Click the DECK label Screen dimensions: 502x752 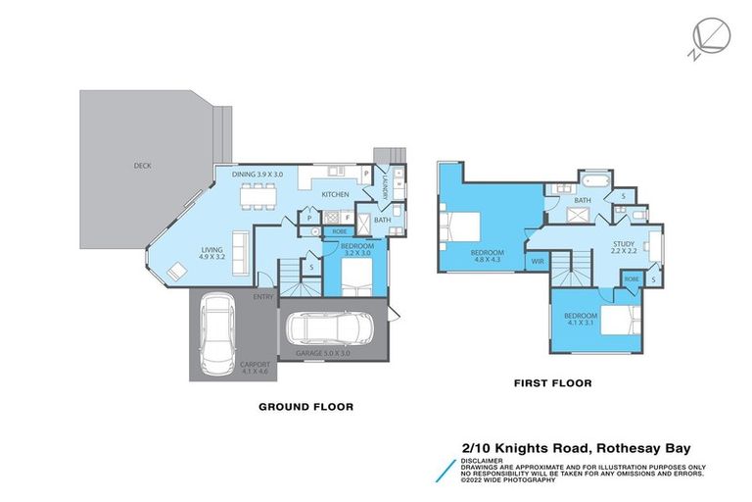tap(143, 166)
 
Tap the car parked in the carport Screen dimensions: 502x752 tap(217, 335)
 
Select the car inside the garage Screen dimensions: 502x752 tap(333, 328)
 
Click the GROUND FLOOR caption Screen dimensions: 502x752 tap(305, 406)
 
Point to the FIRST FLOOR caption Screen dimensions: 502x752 tap(552, 383)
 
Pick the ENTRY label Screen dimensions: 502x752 tap(263, 296)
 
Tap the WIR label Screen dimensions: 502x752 tap(538, 262)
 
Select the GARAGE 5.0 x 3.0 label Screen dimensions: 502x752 tap(322, 353)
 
